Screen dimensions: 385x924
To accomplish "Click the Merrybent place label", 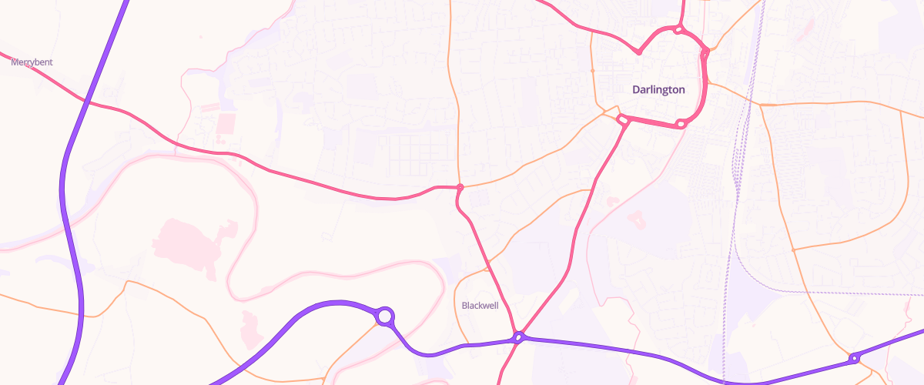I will [x=32, y=62].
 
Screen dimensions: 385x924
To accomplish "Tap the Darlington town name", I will [x=658, y=89].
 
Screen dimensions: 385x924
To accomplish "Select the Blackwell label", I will [x=480, y=306].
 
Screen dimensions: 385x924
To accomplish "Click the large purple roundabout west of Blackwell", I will [x=385, y=316].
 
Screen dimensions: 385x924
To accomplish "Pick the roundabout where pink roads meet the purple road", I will [x=520, y=337].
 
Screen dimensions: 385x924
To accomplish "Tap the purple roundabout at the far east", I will [x=854, y=358].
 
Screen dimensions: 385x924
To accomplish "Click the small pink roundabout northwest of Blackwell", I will [x=460, y=187].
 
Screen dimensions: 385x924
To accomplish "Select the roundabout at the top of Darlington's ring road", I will [x=678, y=30].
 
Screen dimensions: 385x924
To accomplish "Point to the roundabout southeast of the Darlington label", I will [x=681, y=124].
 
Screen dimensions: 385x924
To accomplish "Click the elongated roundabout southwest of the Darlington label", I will [x=622, y=119].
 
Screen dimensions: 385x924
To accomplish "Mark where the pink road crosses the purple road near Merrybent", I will [x=89, y=102].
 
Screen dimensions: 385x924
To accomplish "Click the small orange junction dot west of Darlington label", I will [x=592, y=70].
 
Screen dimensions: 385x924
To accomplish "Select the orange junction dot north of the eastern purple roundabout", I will [x=793, y=249].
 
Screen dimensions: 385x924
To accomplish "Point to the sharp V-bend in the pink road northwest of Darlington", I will [x=639, y=53].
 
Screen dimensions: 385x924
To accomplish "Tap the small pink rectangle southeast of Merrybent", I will [x=226, y=122].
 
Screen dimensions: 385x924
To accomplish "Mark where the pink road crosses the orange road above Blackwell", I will [x=487, y=269].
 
